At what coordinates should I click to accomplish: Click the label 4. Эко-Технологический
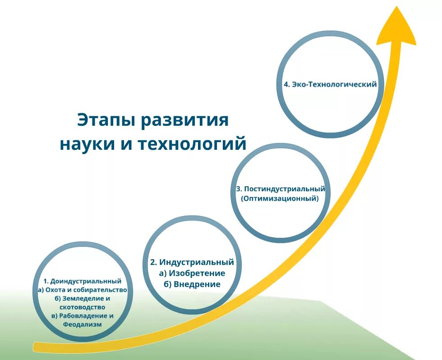[x=330, y=84]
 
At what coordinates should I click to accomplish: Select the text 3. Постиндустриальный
[x=280, y=189]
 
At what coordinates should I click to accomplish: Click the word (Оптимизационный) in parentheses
[x=280, y=198]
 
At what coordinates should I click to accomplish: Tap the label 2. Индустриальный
[x=192, y=262]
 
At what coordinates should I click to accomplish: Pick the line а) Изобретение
[x=192, y=273]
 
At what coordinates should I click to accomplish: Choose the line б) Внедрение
[x=192, y=284]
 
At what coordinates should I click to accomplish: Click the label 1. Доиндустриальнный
[x=83, y=281]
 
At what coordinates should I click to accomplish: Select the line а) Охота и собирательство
[x=83, y=290]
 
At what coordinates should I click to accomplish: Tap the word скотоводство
[x=83, y=307]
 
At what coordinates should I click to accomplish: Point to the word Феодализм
[x=83, y=324]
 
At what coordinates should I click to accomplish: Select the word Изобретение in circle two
[x=197, y=273]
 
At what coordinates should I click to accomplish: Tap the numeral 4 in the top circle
[x=286, y=84]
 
